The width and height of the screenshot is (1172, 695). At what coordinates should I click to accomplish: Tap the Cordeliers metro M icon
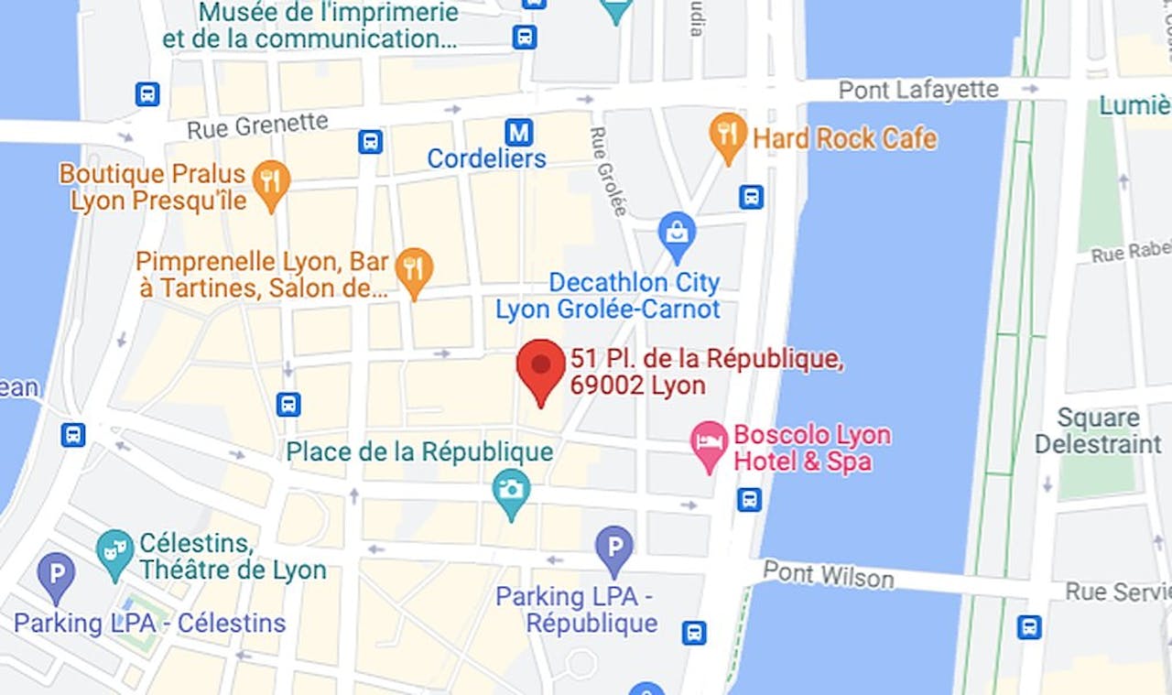519,132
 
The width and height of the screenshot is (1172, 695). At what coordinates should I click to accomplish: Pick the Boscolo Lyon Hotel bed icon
709,444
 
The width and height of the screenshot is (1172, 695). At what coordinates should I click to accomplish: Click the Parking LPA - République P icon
613,548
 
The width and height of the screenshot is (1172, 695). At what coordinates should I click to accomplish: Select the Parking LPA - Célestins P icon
56,575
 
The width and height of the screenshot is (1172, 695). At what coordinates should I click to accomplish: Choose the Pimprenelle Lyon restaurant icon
414,269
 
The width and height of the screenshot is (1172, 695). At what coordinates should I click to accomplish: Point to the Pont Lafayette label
918,90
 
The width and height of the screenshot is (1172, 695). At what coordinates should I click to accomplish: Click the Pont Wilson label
828,575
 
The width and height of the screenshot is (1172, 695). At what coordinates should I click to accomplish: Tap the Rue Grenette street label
257,125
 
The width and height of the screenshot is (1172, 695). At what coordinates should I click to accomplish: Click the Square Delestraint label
1098,431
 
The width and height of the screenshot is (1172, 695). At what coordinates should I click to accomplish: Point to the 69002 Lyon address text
637,386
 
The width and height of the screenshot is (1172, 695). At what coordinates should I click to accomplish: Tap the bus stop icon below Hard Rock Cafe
751,197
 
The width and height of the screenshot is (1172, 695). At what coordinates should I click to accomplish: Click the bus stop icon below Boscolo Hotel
749,499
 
